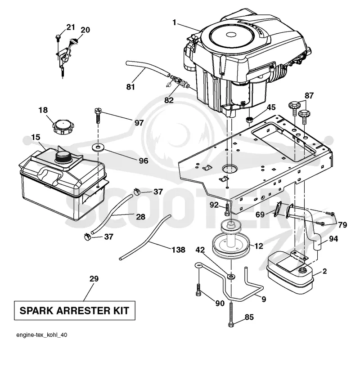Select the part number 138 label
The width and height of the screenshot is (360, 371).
point(178,250)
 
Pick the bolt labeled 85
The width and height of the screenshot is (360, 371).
point(231,314)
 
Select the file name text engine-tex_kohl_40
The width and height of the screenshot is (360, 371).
point(42,335)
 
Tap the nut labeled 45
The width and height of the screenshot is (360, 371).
point(249,120)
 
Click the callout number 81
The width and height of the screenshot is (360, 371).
point(130,87)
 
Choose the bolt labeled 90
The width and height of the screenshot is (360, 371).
point(198,290)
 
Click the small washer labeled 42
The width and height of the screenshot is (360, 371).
point(231,276)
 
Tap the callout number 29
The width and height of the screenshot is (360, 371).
point(94,278)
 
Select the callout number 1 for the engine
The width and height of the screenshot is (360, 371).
point(174,22)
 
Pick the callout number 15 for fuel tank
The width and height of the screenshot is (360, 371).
point(36,137)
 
